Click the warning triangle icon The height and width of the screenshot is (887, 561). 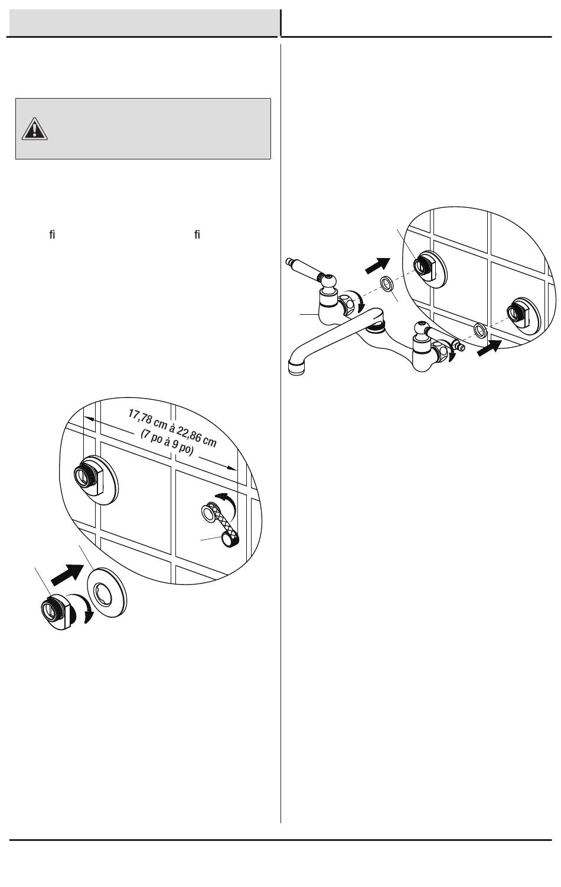34,129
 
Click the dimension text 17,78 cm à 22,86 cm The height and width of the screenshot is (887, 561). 172,428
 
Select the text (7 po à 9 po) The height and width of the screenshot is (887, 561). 167,442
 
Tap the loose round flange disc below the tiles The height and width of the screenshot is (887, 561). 107,593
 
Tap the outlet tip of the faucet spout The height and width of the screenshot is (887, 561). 297,367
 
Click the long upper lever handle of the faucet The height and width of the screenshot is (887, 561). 307,269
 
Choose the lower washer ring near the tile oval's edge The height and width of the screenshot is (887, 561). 480,330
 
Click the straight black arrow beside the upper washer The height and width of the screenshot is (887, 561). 377,265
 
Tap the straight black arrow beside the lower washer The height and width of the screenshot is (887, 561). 490,348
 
